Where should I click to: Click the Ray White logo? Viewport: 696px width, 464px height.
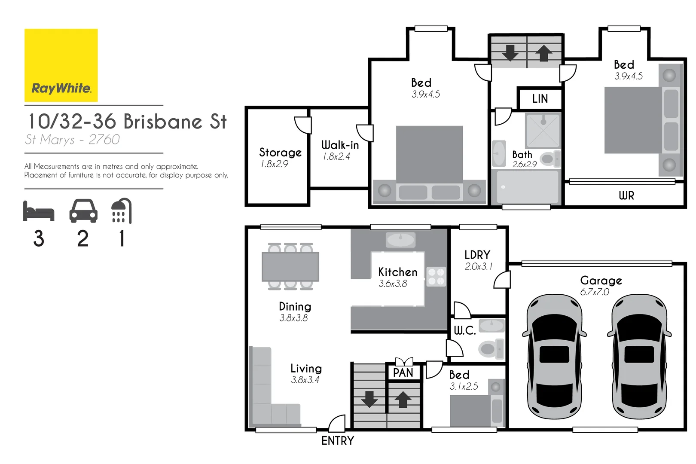tap(61, 65)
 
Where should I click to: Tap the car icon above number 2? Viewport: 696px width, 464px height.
tap(83, 211)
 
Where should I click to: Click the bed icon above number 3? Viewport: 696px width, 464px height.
tap(39, 211)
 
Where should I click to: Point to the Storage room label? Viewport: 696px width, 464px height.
tap(280, 153)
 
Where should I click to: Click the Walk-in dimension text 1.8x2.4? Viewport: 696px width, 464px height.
tap(336, 157)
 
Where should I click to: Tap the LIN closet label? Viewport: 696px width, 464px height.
tap(540, 99)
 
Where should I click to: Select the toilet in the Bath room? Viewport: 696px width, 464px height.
tap(549, 159)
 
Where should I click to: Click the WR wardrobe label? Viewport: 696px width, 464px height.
tap(626, 196)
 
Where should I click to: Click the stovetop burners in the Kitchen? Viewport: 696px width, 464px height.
tap(436, 277)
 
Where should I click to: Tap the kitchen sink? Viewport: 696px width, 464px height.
tap(400, 240)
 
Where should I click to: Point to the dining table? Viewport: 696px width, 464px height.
tap(290, 267)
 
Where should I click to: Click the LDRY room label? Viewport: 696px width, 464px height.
tap(477, 255)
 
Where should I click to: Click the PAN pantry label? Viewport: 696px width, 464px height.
tap(403, 373)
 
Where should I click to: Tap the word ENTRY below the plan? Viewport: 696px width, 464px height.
tap(338, 441)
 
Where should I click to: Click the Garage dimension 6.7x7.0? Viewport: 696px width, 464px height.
tap(595, 292)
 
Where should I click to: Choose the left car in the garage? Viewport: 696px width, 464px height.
tap(554, 357)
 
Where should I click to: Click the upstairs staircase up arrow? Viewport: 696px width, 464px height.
tap(544, 54)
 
